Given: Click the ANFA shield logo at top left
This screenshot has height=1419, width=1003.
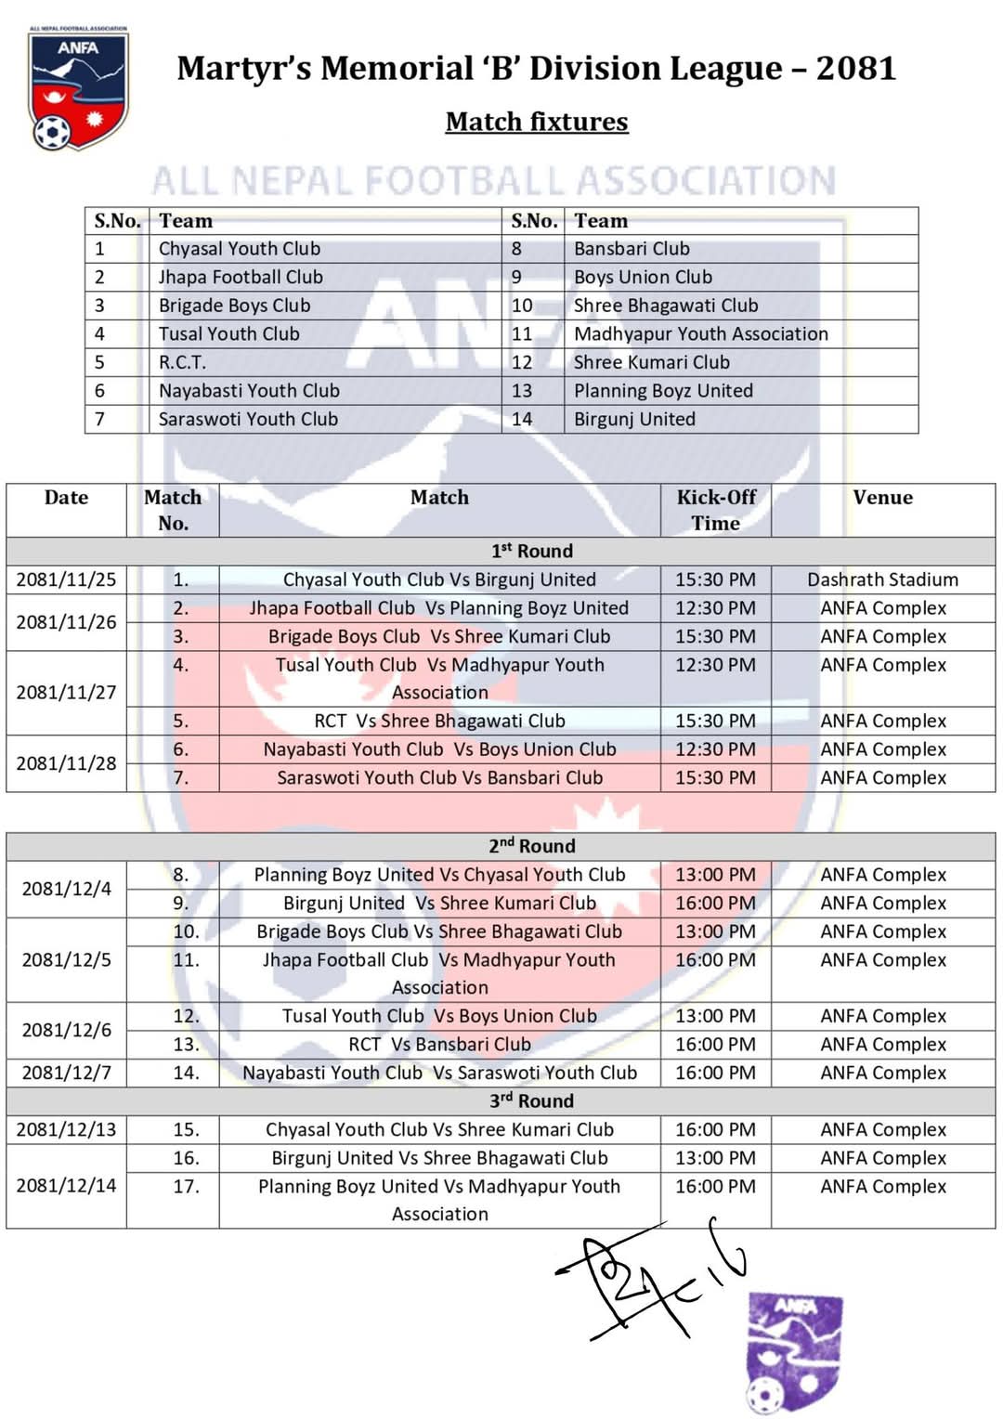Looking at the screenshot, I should pos(78,89).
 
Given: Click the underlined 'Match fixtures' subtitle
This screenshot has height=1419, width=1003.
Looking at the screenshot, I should pos(537,122).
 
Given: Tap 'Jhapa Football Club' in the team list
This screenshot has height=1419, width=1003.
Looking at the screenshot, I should pos(241,277).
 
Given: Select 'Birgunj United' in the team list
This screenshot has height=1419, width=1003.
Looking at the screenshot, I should pos(634,419).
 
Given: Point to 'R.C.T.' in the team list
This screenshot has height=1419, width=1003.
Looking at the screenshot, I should pos(182,362).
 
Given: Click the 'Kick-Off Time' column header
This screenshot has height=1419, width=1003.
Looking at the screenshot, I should pos(716,510).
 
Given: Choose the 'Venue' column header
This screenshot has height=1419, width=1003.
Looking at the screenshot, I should pos(882,498).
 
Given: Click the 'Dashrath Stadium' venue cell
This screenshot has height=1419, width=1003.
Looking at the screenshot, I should pos(882,579).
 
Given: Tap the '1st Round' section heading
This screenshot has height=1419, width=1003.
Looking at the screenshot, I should pos(532,551).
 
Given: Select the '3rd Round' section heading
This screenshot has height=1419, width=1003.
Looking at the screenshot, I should pos(532,1100).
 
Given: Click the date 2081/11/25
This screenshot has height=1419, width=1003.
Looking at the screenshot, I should pos(66,579).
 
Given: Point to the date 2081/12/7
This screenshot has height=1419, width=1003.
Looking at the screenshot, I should pos(66,1073).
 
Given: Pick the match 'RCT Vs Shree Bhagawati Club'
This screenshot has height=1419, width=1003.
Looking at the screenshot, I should pos(439,721).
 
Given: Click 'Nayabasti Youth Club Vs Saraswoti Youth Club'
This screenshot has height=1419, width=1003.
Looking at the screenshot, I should pos(439,1073).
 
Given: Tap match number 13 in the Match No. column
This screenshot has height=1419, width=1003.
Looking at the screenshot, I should pos(186,1044).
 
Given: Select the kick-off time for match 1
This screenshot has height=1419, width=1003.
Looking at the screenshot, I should pos(715,579).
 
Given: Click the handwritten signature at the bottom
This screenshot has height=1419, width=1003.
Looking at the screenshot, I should pos(650,1277).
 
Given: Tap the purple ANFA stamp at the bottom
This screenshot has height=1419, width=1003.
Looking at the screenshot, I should pos(794,1351).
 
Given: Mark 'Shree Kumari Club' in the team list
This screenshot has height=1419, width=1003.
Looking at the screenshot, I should pos(651,362).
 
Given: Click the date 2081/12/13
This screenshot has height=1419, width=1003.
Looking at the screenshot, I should pos(66,1129).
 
